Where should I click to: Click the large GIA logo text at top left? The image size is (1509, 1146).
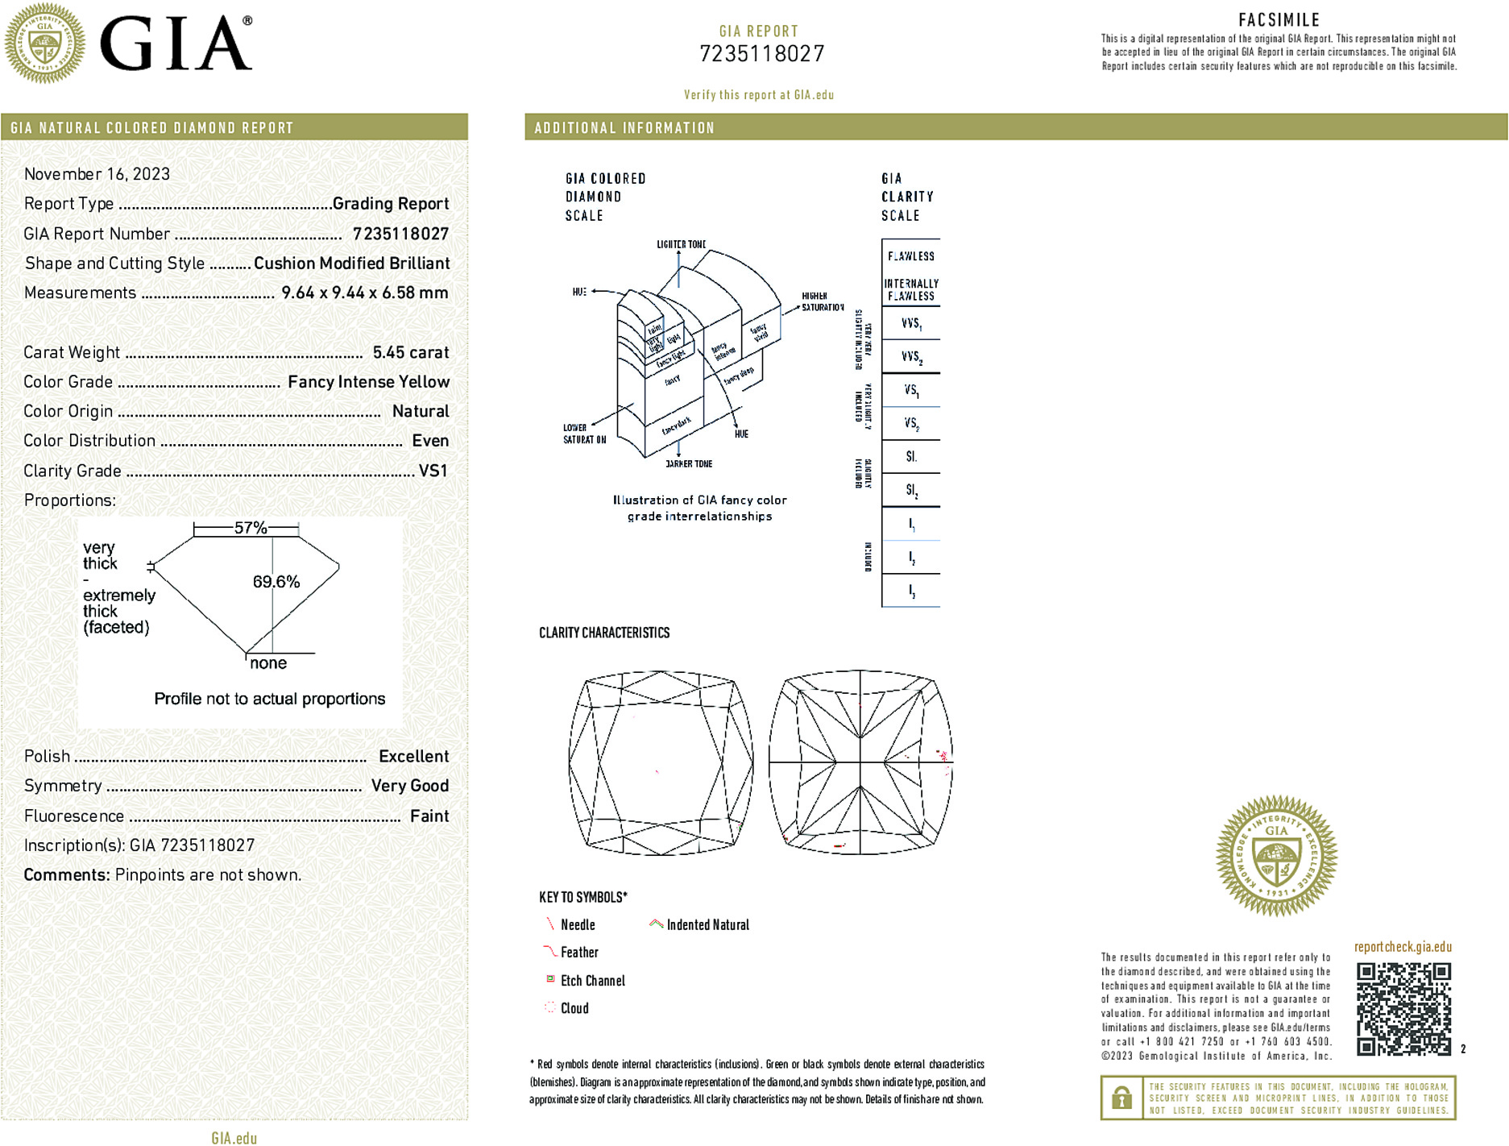tap(176, 44)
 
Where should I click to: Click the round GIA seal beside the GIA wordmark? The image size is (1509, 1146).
tap(45, 44)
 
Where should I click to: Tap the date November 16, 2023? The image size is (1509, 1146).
tap(97, 174)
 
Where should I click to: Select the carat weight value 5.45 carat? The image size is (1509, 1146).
tap(410, 352)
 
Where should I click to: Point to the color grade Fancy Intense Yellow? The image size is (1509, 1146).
tap(368, 382)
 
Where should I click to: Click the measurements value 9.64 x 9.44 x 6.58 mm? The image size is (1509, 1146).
tap(364, 293)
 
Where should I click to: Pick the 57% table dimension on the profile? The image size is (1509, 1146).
tap(250, 528)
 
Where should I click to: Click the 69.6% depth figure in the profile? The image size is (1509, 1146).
tap(276, 582)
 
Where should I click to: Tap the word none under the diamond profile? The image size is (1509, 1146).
tap(268, 663)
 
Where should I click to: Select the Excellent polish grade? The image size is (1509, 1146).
tap(413, 757)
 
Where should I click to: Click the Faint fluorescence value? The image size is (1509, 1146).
tap(429, 816)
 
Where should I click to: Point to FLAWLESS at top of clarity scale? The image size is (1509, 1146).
tap(910, 256)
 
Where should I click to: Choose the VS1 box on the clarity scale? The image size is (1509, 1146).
tap(911, 391)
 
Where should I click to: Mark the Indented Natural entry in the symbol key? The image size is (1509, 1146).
tap(707, 925)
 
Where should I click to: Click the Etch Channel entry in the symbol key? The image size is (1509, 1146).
tap(592, 981)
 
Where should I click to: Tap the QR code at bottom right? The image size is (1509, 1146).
tap(1403, 1008)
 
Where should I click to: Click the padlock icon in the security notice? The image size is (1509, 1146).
tap(1121, 1098)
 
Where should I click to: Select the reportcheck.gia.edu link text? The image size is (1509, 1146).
tap(1403, 947)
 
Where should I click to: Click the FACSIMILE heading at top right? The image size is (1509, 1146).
tap(1279, 20)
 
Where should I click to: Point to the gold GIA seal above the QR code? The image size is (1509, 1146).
tap(1276, 856)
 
